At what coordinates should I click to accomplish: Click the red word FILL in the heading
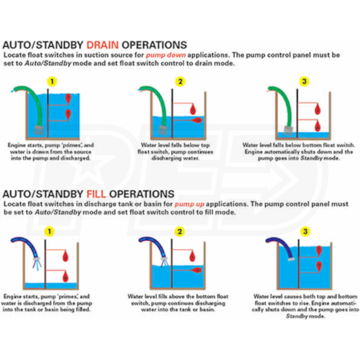click(98, 194)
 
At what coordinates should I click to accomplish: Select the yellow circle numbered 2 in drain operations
click(179, 81)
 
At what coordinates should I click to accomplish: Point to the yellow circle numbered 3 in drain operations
click(305, 81)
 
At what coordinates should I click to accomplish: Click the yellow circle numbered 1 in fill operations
click(50, 231)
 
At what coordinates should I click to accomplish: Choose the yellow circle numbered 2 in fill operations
click(179, 231)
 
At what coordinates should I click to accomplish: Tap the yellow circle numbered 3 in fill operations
click(306, 231)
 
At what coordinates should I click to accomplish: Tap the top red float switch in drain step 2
click(194, 108)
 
